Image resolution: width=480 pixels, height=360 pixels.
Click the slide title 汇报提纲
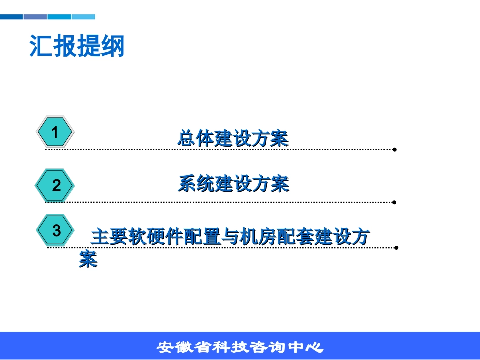point(77,46)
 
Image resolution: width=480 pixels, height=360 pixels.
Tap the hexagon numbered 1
point(56,132)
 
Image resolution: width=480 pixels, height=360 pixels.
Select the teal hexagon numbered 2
point(56,185)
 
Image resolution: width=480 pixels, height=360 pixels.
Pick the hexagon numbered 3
point(56,231)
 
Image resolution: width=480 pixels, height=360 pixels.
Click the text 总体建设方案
point(233,138)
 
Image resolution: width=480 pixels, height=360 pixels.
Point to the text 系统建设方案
point(233,184)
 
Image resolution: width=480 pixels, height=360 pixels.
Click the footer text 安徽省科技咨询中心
point(240,347)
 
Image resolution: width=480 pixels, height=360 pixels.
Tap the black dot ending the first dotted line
point(394,150)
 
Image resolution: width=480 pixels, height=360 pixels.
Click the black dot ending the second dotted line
point(394,202)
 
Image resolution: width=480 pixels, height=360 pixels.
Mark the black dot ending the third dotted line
point(396,248)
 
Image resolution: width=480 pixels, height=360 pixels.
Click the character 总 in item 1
point(187,138)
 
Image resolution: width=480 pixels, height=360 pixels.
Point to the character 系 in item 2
point(187,184)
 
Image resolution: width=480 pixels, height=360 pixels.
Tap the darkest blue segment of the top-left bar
point(11,17)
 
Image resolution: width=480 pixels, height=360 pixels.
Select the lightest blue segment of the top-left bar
point(83,17)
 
